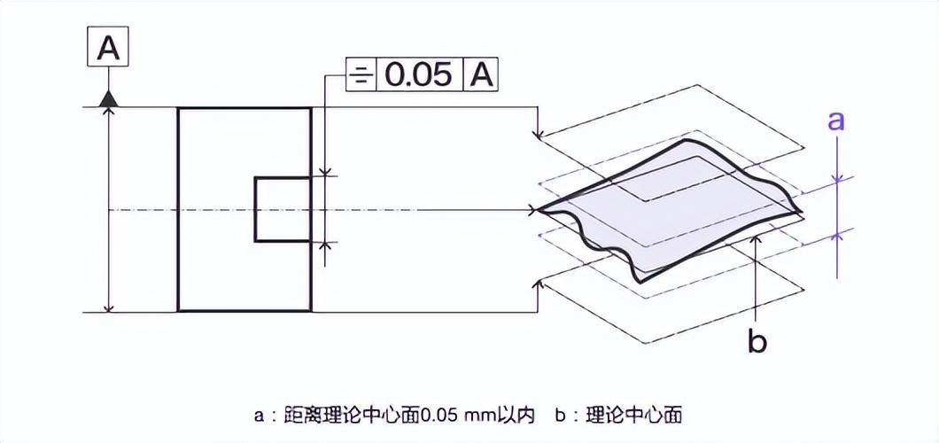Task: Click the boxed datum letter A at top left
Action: pyautogui.click(x=108, y=49)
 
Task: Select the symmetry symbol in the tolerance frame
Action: pyautogui.click(x=360, y=75)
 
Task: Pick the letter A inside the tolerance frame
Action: pyautogui.click(x=480, y=75)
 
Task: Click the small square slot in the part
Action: pyautogui.click(x=283, y=209)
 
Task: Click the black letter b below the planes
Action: pyautogui.click(x=757, y=340)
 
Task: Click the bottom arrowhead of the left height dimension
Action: pyautogui.click(x=108, y=307)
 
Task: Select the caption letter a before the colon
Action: pyautogui.click(x=258, y=415)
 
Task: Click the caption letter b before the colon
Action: pyautogui.click(x=561, y=414)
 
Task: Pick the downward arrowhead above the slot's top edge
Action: pyautogui.click(x=326, y=172)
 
